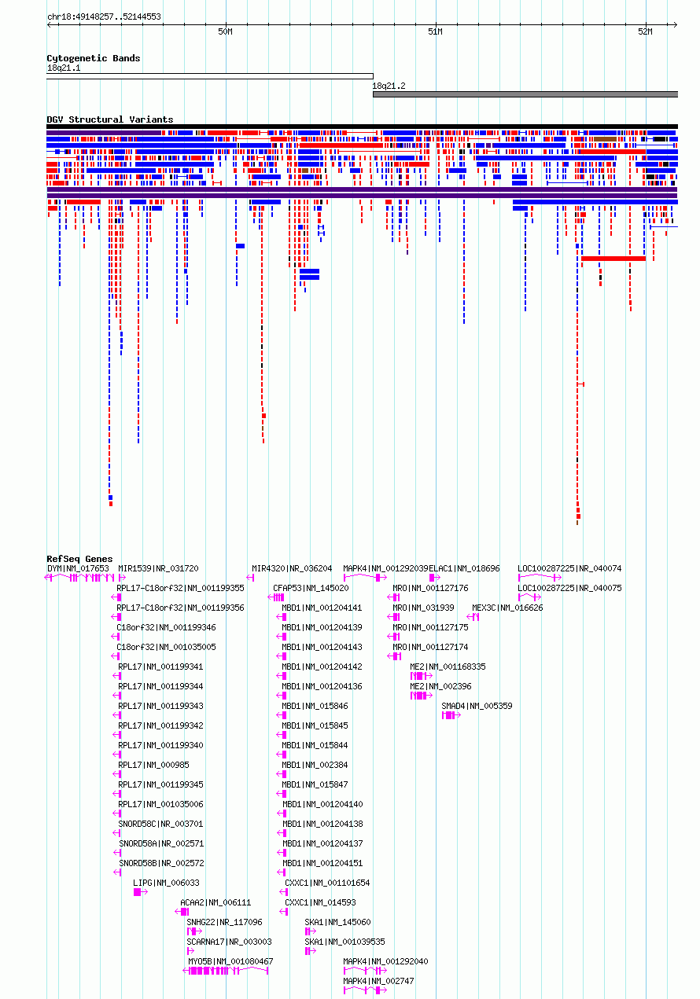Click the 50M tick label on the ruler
click(225, 31)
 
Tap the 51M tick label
click(435, 31)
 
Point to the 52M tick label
click(645, 31)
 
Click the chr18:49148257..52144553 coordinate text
click(104, 17)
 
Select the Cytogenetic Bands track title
click(94, 58)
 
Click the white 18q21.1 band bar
click(210, 76)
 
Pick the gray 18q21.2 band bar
click(525, 94)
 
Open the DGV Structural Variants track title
click(110, 119)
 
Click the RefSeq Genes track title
click(79, 559)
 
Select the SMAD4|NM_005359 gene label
click(477, 706)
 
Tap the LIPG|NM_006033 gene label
click(166, 883)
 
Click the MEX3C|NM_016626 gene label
click(507, 608)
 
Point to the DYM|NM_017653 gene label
click(78, 568)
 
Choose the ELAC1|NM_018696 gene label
click(464, 568)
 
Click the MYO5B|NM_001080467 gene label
click(230, 961)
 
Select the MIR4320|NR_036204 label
click(292, 568)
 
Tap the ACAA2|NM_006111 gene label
click(216, 902)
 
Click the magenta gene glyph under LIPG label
click(140, 892)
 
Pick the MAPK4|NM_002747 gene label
click(378, 981)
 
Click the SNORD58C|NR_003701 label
click(160, 824)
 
